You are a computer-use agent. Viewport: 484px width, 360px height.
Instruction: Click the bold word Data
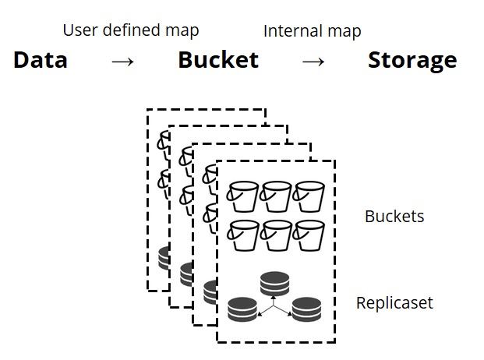point(41,60)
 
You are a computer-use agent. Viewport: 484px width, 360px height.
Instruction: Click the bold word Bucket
point(218,60)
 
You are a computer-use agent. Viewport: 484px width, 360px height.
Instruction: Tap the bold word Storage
point(412,61)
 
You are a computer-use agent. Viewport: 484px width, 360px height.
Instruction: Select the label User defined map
point(131,31)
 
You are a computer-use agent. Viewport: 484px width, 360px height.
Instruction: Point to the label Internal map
point(312,31)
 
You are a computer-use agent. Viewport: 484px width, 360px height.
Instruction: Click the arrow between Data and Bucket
point(123,62)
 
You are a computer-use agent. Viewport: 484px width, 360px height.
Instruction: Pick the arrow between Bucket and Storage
point(313,62)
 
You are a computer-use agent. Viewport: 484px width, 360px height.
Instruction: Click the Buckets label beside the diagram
point(394,217)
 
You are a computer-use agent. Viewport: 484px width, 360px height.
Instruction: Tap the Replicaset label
point(394,302)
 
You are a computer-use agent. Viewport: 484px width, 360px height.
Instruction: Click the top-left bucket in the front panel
point(242,196)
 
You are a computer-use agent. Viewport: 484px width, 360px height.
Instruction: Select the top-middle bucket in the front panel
point(275,196)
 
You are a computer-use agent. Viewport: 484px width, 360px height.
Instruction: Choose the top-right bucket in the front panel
point(309,196)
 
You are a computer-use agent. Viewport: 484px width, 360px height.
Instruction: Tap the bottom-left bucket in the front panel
point(242,235)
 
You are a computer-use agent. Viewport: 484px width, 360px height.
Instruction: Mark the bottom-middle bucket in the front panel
point(276,235)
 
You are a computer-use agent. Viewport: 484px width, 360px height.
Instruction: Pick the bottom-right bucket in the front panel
point(309,235)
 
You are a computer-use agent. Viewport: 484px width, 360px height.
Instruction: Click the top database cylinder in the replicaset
point(274,284)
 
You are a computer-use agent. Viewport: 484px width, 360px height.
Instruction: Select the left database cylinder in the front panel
point(242,309)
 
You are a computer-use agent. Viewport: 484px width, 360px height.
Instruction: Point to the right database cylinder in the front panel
point(306,309)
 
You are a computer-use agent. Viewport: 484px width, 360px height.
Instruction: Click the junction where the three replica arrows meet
point(274,305)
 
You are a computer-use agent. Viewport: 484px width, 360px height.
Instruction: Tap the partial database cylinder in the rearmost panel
point(164,258)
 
